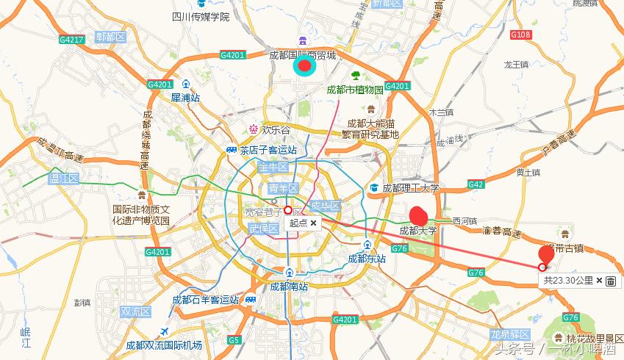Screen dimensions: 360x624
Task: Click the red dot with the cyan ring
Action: pyautogui.click(x=304, y=67)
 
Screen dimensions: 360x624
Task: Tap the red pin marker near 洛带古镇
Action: pyautogui.click(x=546, y=254)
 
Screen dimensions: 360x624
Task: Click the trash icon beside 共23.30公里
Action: pyautogui.click(x=611, y=281)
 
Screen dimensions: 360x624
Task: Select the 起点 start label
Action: pyautogui.click(x=298, y=223)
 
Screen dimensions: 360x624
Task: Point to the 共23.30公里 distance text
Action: pyautogui.click(x=567, y=281)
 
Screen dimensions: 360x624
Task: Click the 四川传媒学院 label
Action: pyautogui.click(x=201, y=17)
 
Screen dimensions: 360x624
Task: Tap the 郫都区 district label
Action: pyautogui.click(x=111, y=37)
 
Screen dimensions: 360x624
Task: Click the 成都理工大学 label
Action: pyautogui.click(x=411, y=188)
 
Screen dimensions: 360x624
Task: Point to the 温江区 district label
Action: pyautogui.click(x=63, y=179)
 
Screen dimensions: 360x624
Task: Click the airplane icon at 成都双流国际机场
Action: pyautogui.click(x=163, y=331)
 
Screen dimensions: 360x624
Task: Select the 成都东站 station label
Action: pyautogui.click(x=367, y=259)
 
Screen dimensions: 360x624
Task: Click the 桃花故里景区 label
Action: pyautogui.click(x=594, y=339)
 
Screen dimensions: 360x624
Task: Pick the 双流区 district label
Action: pyautogui.click(x=135, y=312)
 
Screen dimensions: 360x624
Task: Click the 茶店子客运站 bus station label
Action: pyautogui.click(x=268, y=150)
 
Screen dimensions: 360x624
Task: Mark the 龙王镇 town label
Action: pyautogui.click(x=516, y=65)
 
